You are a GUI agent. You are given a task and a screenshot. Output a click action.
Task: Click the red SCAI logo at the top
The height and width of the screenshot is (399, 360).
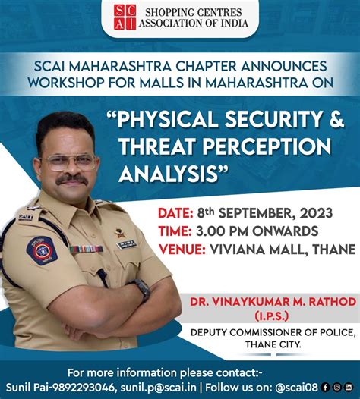tap(124, 17)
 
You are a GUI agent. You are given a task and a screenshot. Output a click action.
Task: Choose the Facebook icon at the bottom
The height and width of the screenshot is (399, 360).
tap(325, 386)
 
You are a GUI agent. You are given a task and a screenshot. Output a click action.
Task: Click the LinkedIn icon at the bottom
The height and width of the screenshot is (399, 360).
tap(348, 386)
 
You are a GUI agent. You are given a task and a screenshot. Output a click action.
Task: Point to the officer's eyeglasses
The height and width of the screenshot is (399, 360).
tap(69, 162)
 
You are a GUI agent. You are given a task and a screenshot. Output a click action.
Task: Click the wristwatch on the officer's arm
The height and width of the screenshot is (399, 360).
tap(141, 289)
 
